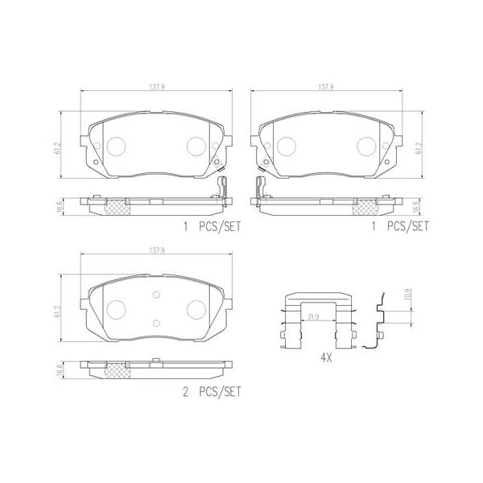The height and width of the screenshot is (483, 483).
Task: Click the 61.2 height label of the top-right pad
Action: click(419, 147)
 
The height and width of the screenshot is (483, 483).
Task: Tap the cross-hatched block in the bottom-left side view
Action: click(116, 369)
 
